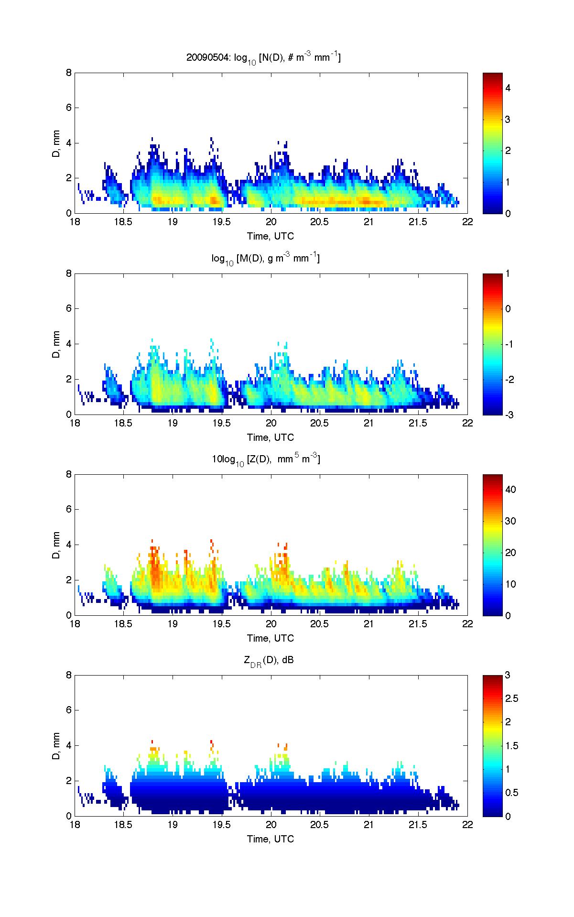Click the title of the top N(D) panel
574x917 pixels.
click(263, 58)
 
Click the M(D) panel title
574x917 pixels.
click(266, 259)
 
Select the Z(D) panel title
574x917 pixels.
click(266, 459)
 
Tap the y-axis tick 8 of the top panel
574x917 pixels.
click(69, 73)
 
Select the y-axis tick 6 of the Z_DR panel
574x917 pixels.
click(69, 710)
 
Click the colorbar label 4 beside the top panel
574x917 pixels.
click(508, 88)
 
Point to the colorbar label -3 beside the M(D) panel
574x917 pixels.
click(509, 415)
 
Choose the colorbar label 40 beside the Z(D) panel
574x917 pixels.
click(510, 490)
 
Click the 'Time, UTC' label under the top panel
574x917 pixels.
click(271, 236)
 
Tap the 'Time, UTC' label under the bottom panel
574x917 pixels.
click(271, 839)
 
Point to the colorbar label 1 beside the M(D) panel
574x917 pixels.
click(508, 274)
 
